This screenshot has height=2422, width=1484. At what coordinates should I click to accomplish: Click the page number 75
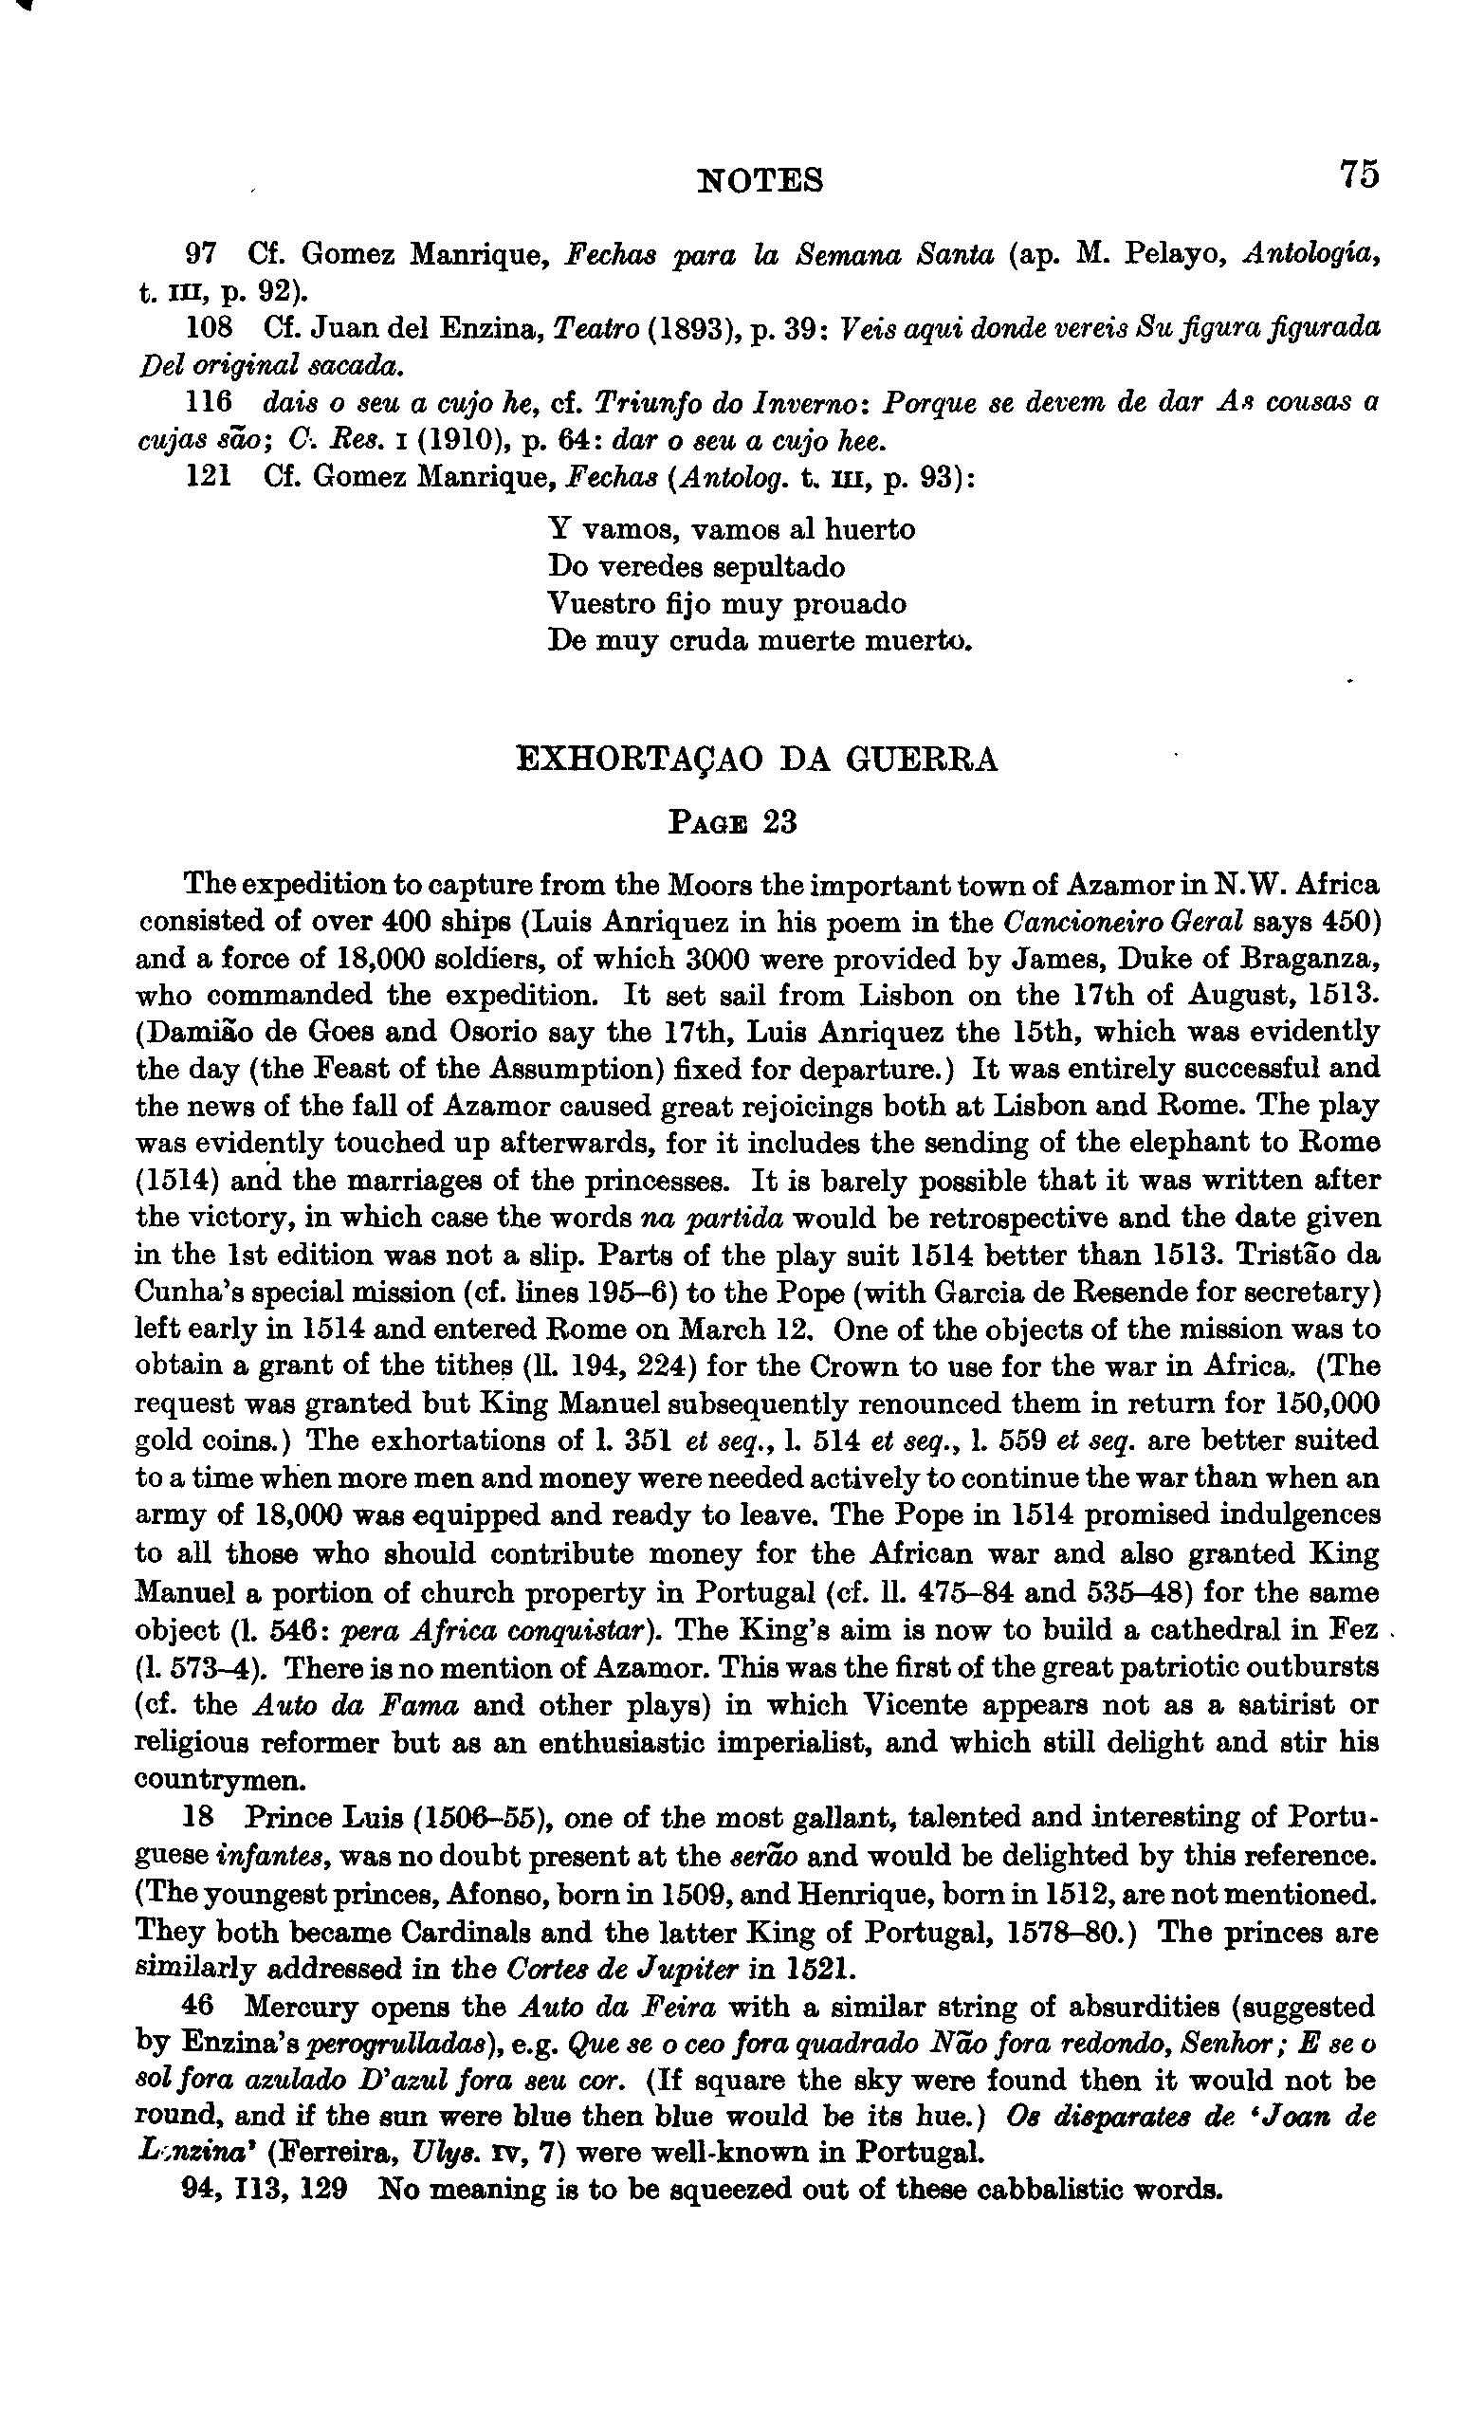(x=1357, y=175)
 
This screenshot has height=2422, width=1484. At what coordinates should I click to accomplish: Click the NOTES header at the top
(x=760, y=180)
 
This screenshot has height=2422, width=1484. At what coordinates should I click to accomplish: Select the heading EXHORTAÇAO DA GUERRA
(x=757, y=760)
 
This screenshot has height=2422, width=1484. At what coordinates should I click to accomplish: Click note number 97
(x=200, y=254)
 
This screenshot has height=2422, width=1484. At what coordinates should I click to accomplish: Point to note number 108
(x=209, y=327)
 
